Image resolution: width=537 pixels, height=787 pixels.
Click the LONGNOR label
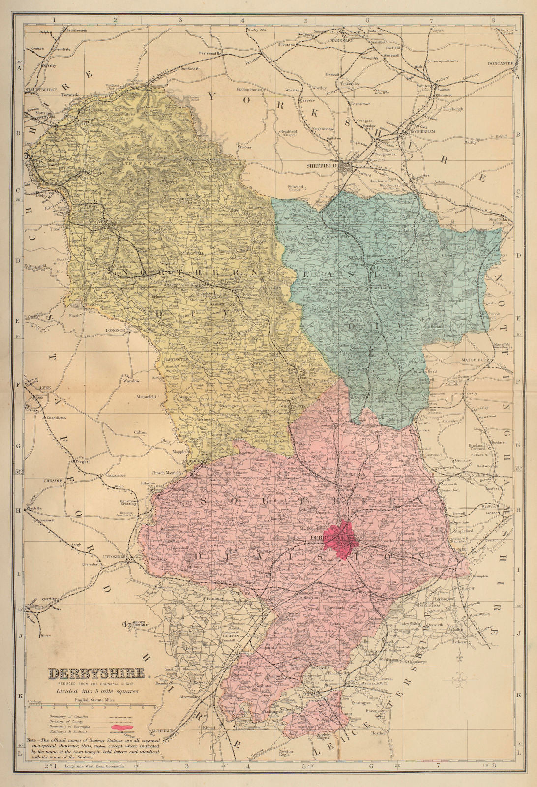pos(117,331)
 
